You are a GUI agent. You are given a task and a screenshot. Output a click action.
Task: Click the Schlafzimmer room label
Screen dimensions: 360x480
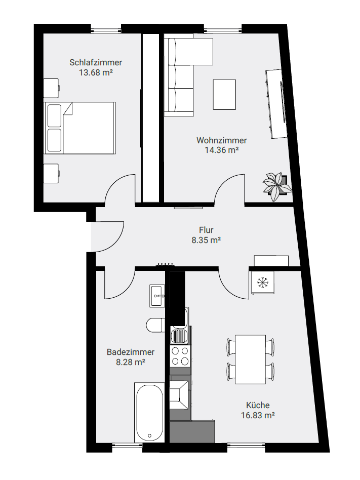(x=96, y=62)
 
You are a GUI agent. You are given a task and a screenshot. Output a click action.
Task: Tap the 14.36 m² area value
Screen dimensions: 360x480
(x=222, y=150)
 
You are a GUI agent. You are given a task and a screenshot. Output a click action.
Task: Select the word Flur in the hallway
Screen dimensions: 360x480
(x=206, y=230)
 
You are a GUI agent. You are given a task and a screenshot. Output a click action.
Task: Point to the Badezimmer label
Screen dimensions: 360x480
(x=131, y=352)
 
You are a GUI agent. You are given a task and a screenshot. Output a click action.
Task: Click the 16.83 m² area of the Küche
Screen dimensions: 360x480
(x=257, y=415)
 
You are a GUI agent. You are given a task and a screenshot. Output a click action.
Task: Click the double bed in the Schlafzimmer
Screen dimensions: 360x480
(x=80, y=128)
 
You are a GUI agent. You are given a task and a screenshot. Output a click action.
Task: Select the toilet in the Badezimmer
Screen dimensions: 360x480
(x=156, y=325)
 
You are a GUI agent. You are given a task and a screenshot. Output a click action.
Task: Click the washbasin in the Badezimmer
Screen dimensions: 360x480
(x=157, y=296)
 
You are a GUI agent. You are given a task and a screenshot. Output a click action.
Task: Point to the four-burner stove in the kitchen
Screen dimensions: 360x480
(x=180, y=356)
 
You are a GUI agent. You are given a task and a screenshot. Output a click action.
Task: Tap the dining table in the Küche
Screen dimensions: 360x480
(x=250, y=359)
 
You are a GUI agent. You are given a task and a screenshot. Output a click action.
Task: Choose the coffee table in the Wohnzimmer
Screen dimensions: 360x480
(x=225, y=94)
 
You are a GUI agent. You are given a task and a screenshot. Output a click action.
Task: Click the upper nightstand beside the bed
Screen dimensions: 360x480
(x=51, y=88)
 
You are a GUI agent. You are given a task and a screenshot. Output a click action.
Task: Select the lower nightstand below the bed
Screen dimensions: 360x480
(x=51, y=174)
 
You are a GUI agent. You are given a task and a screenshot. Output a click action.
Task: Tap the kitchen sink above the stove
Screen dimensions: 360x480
(x=180, y=336)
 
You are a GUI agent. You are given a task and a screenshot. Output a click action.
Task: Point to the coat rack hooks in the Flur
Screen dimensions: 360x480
(x=165, y=265)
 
